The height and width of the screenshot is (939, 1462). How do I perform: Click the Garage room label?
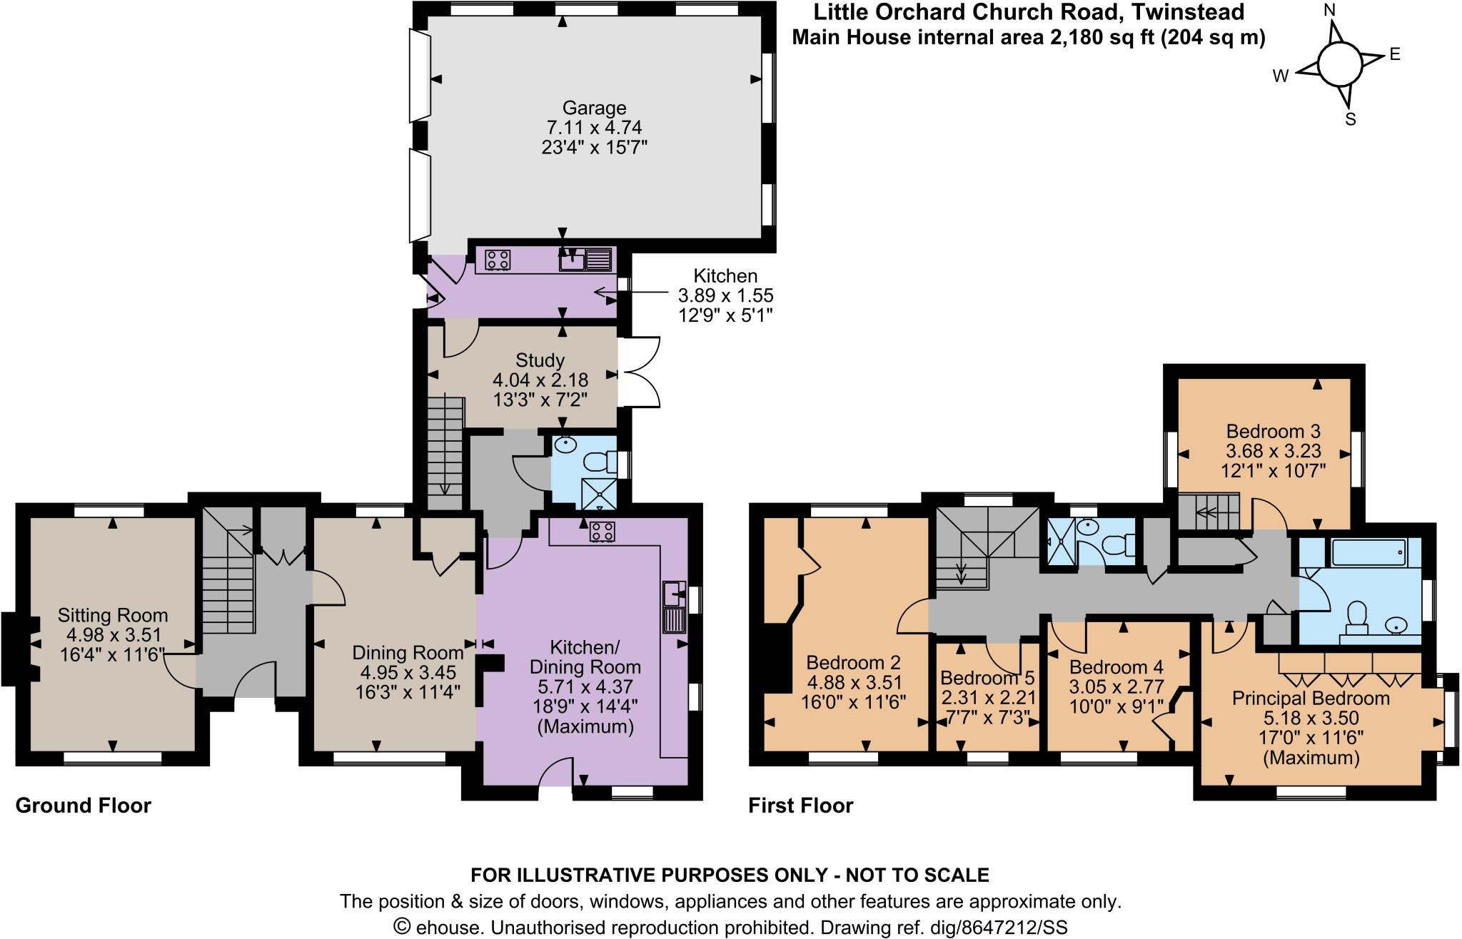[594, 108]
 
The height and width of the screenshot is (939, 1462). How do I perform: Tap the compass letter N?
[1329, 11]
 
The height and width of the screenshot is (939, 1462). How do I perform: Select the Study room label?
[539, 360]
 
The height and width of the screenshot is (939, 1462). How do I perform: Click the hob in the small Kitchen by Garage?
[498, 260]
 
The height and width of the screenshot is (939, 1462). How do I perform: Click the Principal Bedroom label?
[1311, 698]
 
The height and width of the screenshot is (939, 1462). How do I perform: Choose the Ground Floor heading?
[84, 806]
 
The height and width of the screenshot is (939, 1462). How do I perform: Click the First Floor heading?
[800, 806]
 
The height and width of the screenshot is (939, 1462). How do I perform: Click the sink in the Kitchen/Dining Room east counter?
[673, 592]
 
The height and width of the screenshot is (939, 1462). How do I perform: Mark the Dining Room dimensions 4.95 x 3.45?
[405, 672]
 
